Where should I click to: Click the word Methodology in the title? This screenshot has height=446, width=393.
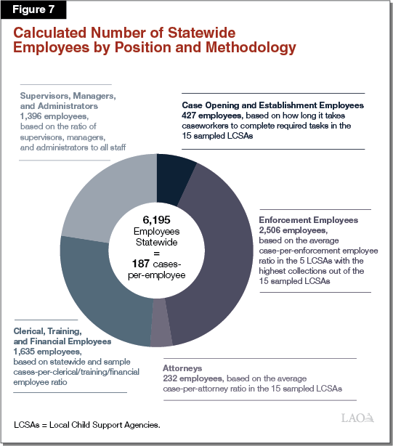coord(253,48)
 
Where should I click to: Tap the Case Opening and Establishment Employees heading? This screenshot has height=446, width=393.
coord(272,105)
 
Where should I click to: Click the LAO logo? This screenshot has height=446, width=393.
coord(358,418)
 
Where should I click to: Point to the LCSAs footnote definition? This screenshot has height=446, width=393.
coord(86,423)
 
